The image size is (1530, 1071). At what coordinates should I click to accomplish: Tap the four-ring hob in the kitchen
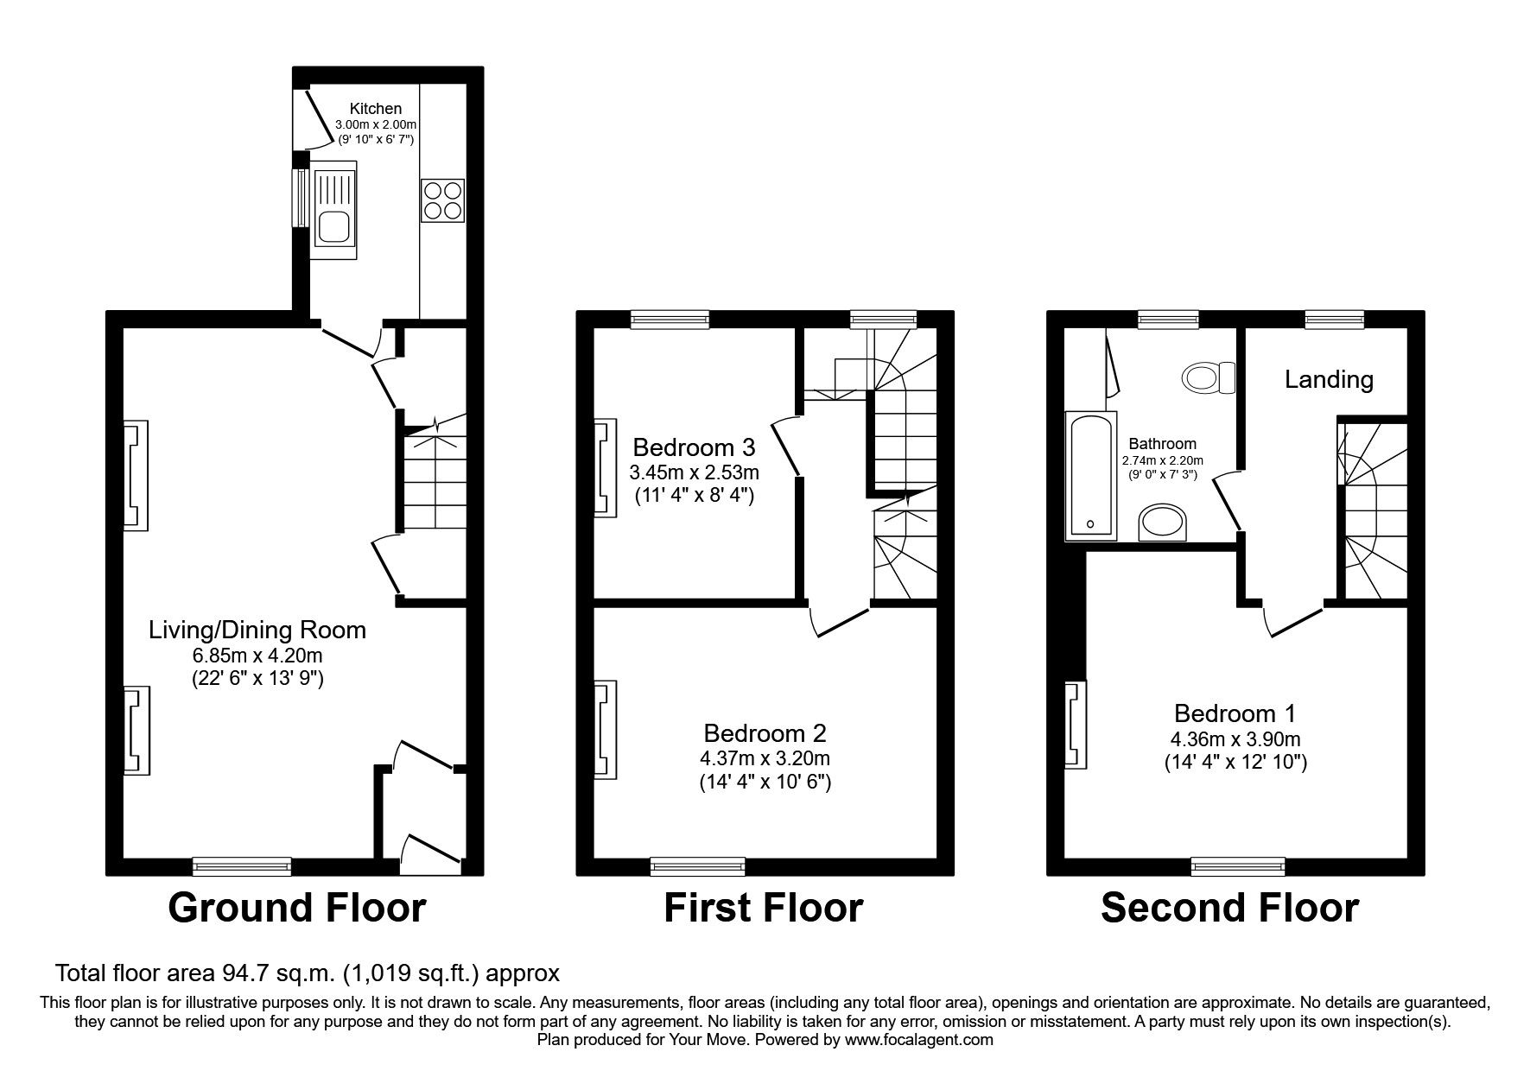coord(442,201)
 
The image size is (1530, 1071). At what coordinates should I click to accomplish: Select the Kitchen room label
coord(375,109)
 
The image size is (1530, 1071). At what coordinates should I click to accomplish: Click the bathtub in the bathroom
coord(1089,475)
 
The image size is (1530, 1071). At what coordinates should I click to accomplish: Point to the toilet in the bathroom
coord(1208,377)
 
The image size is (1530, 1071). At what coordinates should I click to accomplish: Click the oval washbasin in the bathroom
coord(1164,523)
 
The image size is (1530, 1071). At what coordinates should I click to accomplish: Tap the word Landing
coord(1328,379)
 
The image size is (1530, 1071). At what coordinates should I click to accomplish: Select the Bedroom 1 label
coord(1235,713)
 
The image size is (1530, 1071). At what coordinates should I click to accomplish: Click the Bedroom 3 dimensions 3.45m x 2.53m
coord(694,472)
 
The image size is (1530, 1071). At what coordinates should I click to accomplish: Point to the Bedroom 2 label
coord(765,733)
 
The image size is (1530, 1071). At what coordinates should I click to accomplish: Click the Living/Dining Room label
coord(257,630)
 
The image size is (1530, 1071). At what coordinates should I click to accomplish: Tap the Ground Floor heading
coord(296,909)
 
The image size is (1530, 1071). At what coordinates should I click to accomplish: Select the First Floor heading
coord(763,909)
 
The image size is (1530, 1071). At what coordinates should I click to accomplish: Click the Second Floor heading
coord(1229,909)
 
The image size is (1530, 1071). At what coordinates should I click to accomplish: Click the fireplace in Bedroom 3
coord(605,467)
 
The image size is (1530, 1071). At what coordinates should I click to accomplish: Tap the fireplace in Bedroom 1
coord(1075,724)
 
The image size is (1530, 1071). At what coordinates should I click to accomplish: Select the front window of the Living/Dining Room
coord(242,865)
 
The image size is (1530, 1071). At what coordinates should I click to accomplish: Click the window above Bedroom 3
coord(670,320)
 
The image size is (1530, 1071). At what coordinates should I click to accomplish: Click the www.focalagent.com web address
coord(918,1040)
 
